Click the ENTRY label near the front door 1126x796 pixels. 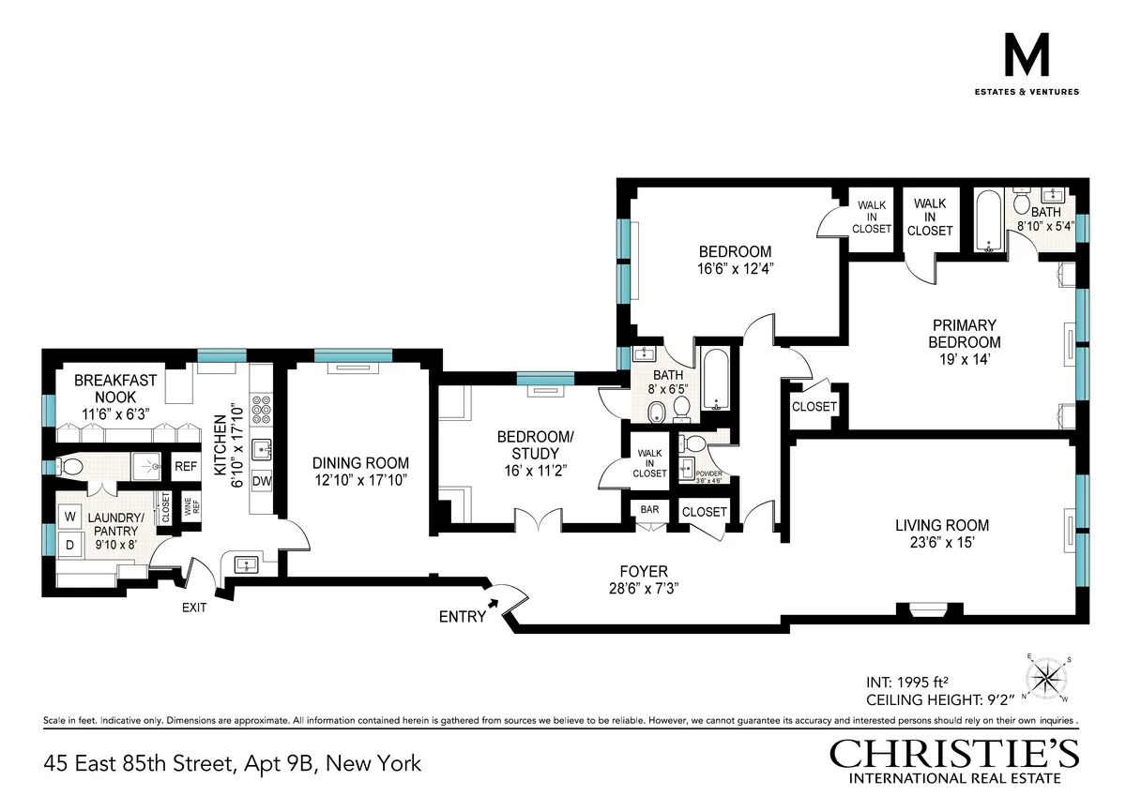point(463,617)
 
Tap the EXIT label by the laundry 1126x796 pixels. point(193,608)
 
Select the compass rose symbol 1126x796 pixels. point(1049,677)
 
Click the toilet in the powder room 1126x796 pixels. point(694,443)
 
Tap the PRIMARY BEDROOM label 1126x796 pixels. point(965,334)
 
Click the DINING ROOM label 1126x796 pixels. point(361,462)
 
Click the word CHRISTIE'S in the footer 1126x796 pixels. point(953,755)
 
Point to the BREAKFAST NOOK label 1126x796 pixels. point(115,389)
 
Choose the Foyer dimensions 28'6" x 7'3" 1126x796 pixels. point(643,589)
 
